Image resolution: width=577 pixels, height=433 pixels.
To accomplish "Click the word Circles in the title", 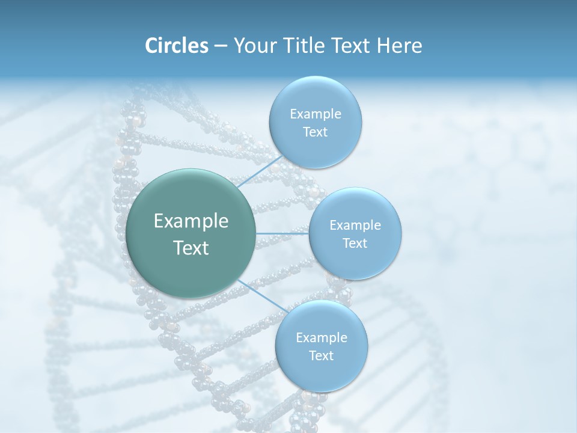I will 176,46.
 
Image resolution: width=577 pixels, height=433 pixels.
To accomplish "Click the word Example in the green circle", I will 191,221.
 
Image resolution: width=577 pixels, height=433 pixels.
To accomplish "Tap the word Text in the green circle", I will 191,248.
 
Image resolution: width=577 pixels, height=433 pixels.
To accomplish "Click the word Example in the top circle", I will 315,114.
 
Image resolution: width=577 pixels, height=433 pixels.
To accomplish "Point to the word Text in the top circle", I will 315,132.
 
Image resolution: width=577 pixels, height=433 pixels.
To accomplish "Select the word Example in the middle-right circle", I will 355,225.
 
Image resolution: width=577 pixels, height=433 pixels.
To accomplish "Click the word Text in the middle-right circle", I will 355,243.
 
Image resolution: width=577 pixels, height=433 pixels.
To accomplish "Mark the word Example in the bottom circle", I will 321,337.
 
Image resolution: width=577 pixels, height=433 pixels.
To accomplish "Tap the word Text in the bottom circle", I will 321,355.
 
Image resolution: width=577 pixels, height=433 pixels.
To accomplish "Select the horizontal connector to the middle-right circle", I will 282,233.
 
